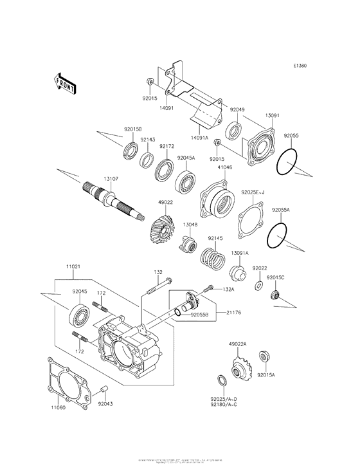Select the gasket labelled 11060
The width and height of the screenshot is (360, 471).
(66, 381)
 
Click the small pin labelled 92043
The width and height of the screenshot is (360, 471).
(105, 389)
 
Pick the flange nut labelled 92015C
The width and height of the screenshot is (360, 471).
(274, 296)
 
